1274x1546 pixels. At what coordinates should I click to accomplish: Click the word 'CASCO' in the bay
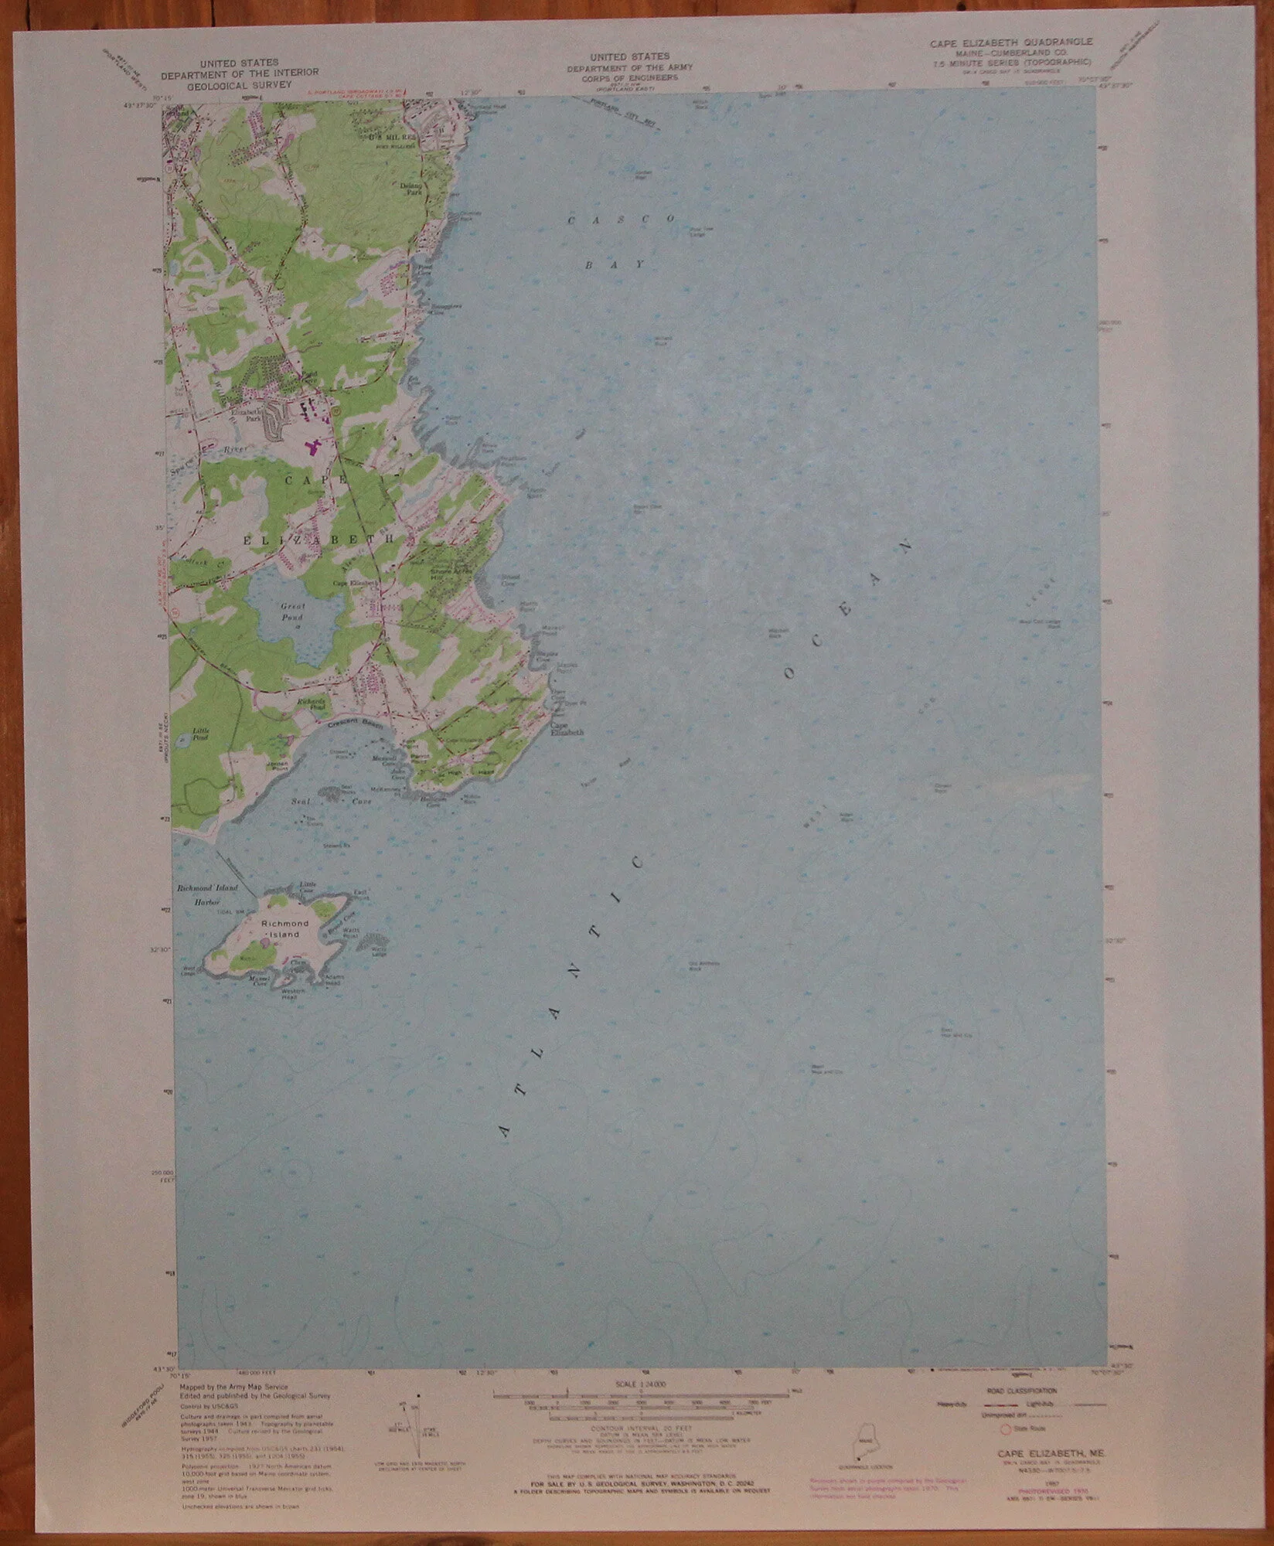622,220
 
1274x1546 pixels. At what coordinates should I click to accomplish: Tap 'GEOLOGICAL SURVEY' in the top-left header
227,85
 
